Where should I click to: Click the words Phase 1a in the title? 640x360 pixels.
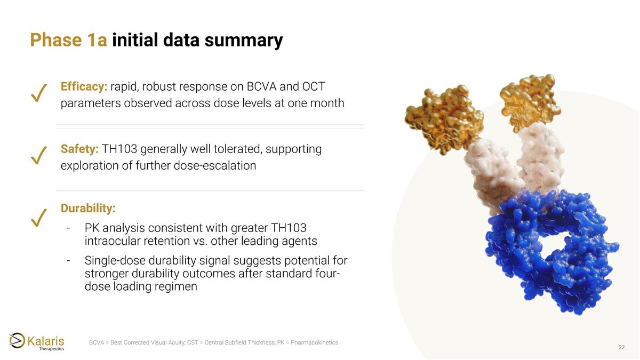(68, 40)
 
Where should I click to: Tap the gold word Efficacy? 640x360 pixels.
(84, 86)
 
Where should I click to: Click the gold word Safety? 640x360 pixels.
(79, 149)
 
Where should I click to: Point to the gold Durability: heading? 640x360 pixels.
(88, 207)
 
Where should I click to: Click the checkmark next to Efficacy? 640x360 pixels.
(39, 93)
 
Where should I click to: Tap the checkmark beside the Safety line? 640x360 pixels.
(39, 155)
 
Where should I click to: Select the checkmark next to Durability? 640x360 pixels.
(39, 217)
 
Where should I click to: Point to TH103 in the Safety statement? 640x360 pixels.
(120, 149)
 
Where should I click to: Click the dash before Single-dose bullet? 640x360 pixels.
(69, 261)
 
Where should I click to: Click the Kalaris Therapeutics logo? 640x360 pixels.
(37, 341)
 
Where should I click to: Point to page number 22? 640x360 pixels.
(621, 348)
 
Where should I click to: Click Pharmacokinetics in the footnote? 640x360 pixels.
(314, 342)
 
